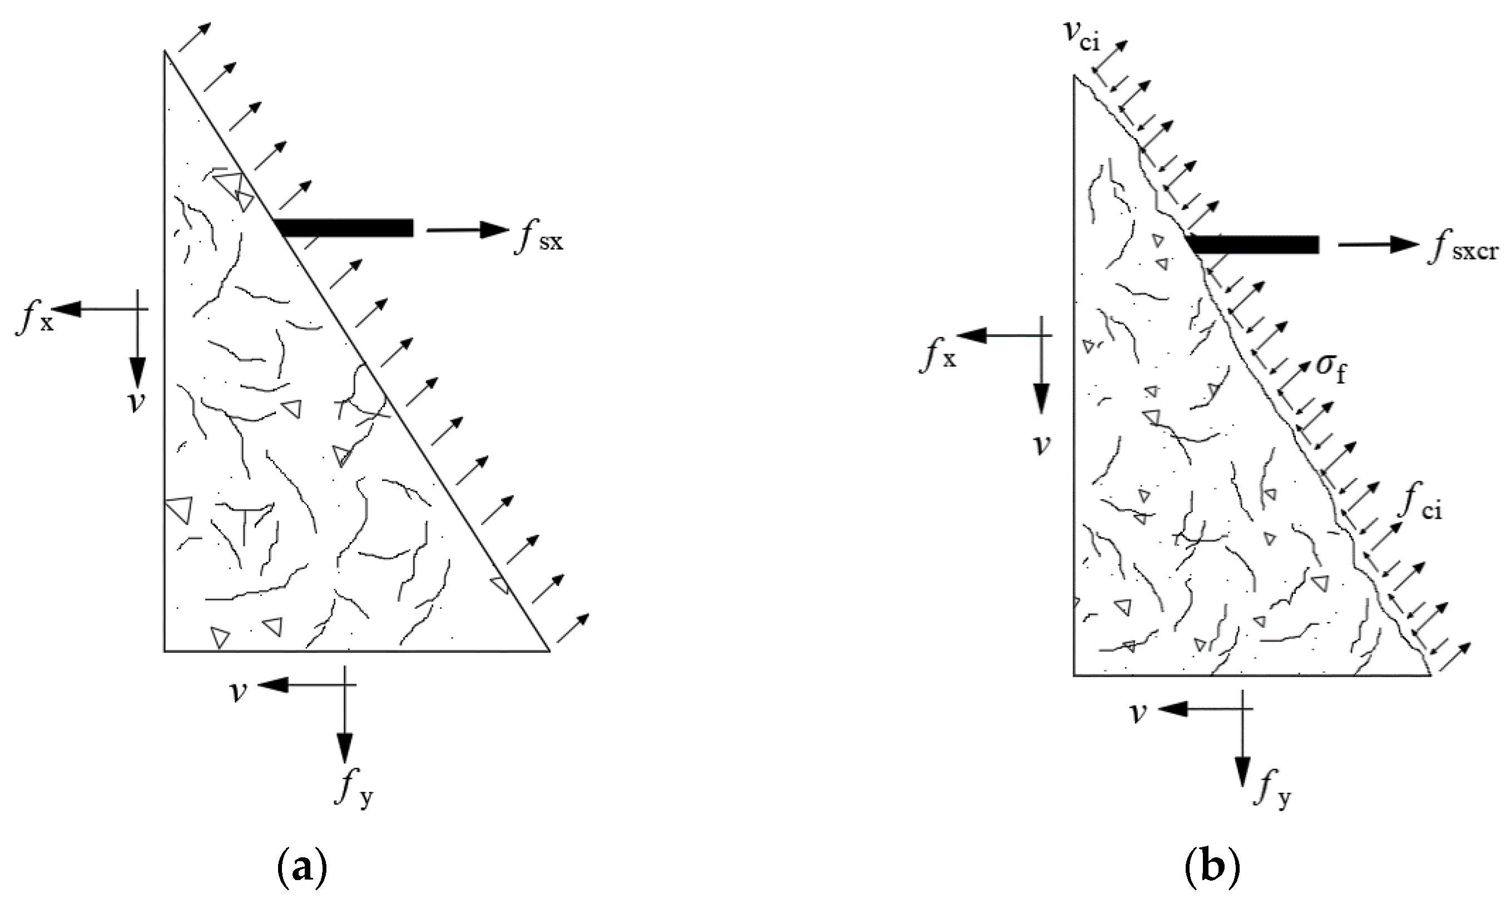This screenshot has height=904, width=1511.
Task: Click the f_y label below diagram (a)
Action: coord(355,792)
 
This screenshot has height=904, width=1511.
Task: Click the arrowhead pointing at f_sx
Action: coord(495,230)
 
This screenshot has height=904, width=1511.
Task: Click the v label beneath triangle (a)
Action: coord(238,692)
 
